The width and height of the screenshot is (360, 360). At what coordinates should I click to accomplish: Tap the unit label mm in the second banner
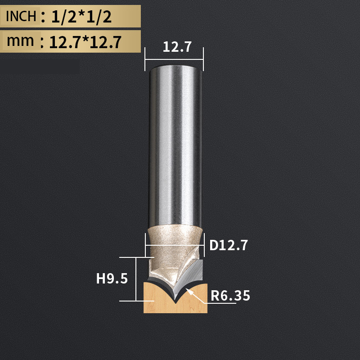point(21,41)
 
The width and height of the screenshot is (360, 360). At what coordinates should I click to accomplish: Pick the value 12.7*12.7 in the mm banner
point(85,42)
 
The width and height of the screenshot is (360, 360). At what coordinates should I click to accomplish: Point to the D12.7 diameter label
point(229,246)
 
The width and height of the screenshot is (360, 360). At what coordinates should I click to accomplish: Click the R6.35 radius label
point(230,296)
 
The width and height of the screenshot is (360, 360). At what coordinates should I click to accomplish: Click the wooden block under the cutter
point(155,299)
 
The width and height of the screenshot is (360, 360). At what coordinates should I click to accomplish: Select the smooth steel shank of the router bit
point(175,144)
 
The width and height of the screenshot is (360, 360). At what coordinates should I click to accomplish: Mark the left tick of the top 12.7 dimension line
point(145,58)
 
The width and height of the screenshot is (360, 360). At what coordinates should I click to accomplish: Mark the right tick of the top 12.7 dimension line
point(203,58)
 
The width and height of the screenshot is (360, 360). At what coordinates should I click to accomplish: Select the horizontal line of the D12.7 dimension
point(175,246)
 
